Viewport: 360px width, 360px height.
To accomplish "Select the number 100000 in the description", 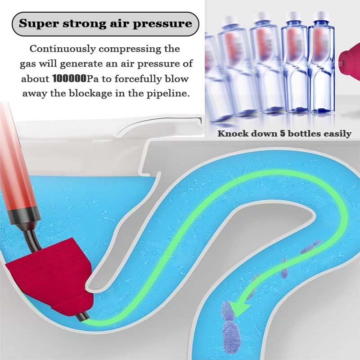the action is (x=69, y=78).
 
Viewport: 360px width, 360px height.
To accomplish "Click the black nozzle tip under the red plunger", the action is (x=82, y=317).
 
